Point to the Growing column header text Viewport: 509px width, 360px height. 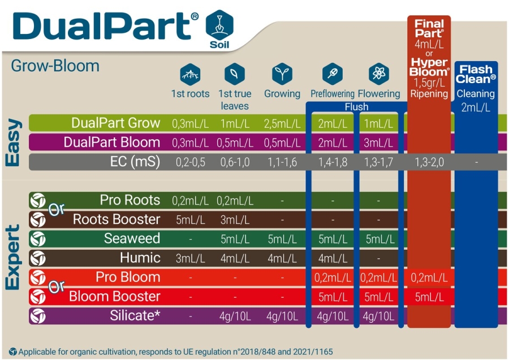point(282,94)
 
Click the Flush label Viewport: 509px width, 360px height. point(356,107)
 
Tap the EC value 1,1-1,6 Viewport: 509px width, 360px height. point(282,162)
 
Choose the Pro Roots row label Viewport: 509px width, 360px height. point(130,201)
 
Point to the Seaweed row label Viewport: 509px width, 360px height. point(132,239)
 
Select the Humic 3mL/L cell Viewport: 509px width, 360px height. point(190,258)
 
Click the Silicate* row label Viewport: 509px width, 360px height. point(135,316)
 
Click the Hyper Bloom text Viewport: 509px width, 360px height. point(429,67)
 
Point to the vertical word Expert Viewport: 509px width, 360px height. point(13,258)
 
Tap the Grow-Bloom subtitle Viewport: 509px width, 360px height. point(55,66)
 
